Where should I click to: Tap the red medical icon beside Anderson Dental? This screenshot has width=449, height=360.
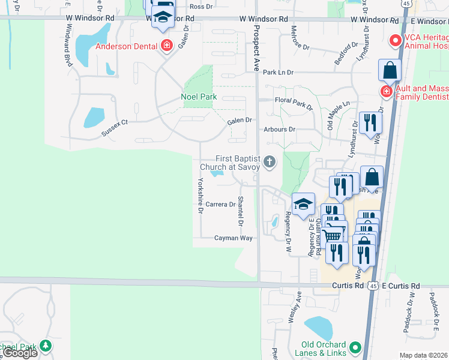(x=166, y=46)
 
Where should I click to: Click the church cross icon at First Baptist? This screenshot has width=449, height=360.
(x=270, y=161)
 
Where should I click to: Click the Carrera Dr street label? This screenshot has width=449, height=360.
(x=220, y=205)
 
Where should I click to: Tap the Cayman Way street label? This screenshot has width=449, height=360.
(x=234, y=238)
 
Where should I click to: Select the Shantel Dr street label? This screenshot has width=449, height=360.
(x=241, y=211)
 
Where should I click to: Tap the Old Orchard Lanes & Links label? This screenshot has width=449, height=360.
(x=324, y=349)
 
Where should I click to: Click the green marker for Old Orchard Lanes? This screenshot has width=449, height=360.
(x=355, y=347)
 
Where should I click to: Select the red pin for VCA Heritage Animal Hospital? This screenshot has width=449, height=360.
(x=395, y=41)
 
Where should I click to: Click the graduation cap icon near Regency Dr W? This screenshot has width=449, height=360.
(x=304, y=203)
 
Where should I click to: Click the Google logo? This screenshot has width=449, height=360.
(x=20, y=353)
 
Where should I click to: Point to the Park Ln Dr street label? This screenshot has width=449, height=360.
(x=278, y=73)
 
